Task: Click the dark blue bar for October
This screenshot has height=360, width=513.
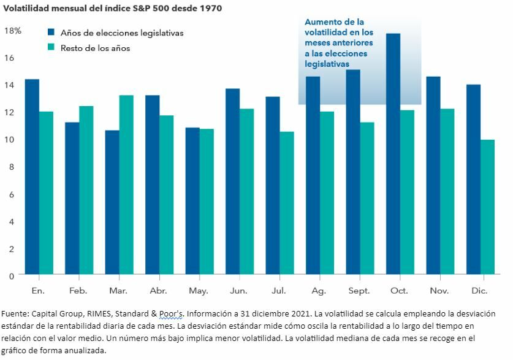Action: pyautogui.click(x=393, y=153)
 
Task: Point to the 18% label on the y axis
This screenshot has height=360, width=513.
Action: pyautogui.click(x=13, y=30)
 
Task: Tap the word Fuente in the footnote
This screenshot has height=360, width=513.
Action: pyautogui.click(x=17, y=314)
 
